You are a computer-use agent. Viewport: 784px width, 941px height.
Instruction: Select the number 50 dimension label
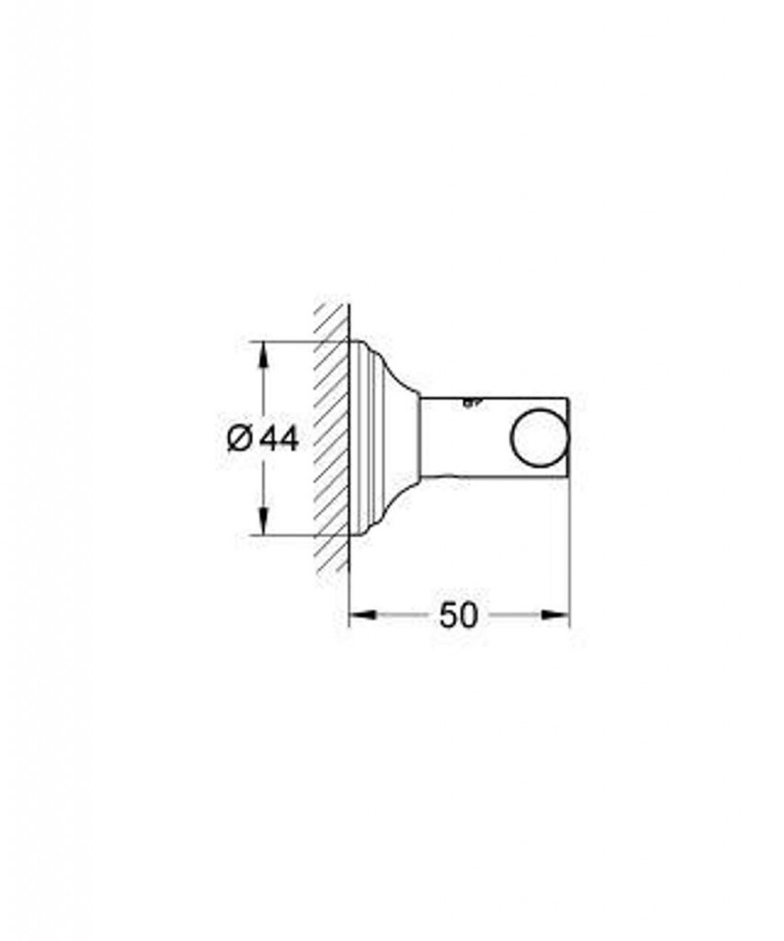pyautogui.click(x=460, y=615)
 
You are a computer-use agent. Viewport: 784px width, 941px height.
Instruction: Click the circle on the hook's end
pyautogui.click(x=540, y=437)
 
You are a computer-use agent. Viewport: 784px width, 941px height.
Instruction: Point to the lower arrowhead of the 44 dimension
pyautogui.click(x=263, y=520)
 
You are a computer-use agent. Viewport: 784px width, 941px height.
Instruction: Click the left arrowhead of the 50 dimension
pyautogui.click(x=362, y=614)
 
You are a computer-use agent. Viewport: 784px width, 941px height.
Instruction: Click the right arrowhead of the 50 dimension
pyautogui.click(x=555, y=614)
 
